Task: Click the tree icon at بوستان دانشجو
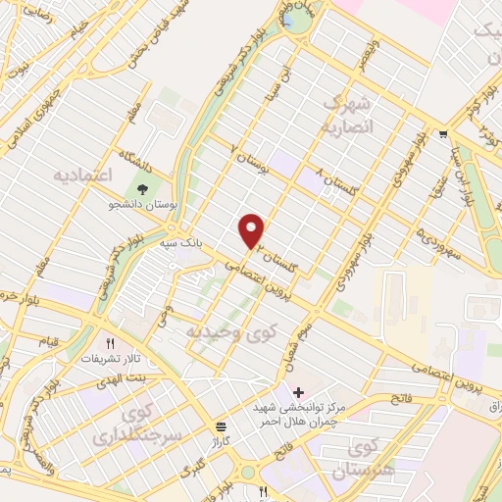coord(144,189)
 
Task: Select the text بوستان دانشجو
coord(145,208)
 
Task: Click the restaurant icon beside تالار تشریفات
coord(111,344)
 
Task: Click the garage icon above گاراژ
coord(221,427)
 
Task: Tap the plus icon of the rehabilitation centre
coord(298,392)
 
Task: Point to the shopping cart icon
coord(445,134)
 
